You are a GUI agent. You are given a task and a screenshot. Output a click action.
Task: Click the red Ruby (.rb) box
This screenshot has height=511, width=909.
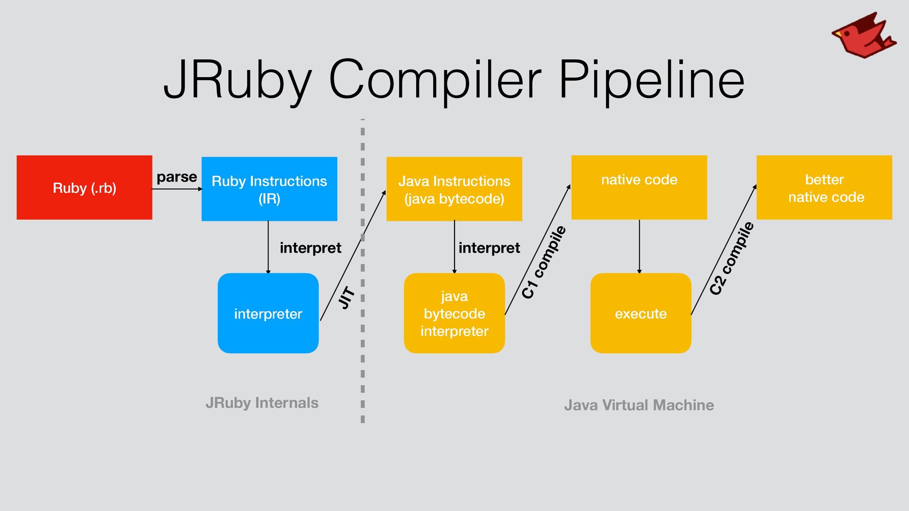(x=84, y=187)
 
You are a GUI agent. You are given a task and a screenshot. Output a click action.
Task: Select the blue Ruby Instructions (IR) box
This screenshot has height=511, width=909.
(x=269, y=189)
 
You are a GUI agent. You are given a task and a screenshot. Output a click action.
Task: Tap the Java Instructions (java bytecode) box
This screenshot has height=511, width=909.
(x=454, y=189)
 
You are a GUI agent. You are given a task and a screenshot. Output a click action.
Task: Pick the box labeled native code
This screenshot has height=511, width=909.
(x=639, y=187)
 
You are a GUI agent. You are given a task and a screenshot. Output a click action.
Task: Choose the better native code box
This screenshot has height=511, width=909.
(x=824, y=187)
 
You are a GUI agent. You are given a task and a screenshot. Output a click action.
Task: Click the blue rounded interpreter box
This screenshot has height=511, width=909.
(x=268, y=313)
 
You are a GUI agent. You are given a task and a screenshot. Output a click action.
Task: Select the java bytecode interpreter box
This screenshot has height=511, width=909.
(x=454, y=313)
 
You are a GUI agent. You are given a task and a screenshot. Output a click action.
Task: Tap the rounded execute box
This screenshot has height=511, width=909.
(x=641, y=313)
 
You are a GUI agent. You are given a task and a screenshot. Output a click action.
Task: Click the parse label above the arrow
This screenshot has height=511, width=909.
(x=177, y=177)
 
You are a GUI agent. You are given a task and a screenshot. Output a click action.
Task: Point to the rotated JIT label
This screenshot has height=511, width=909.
(x=347, y=298)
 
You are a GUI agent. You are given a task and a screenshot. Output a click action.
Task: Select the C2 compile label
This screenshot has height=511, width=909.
(x=731, y=258)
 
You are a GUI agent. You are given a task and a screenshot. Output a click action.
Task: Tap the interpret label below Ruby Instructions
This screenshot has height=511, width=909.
(x=310, y=248)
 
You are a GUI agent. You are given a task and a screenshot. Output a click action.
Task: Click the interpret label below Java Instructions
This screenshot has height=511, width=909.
(x=489, y=248)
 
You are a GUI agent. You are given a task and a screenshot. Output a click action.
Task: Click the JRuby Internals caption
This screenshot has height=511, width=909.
(x=262, y=403)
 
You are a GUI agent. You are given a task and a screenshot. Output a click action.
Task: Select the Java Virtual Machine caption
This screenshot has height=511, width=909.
(x=639, y=405)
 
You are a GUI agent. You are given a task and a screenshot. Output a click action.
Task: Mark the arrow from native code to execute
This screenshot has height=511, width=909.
(x=639, y=246)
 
